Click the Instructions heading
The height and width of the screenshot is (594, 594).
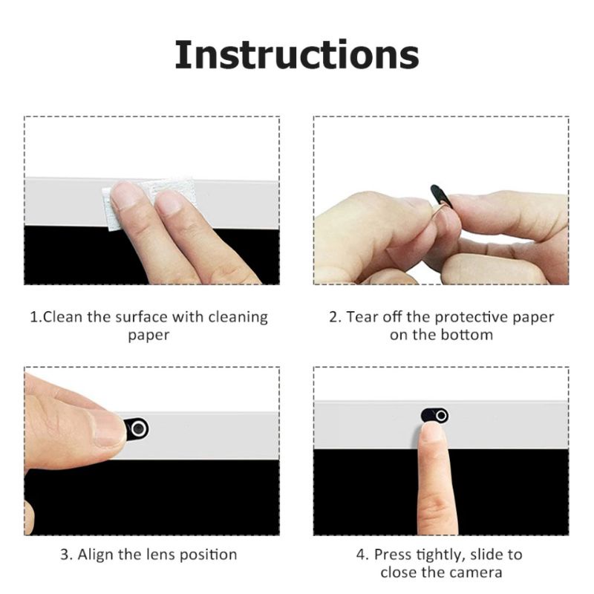(296, 54)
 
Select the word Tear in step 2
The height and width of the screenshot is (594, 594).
(362, 317)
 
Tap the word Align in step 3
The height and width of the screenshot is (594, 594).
(96, 555)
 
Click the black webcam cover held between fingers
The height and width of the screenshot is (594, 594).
(441, 196)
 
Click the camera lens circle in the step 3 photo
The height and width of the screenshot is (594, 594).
(139, 429)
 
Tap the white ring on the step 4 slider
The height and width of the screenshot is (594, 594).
(441, 416)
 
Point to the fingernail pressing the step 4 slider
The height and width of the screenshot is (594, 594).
(431, 432)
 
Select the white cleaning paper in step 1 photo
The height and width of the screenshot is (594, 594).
(150, 203)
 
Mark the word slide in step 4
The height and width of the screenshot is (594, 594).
(489, 555)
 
